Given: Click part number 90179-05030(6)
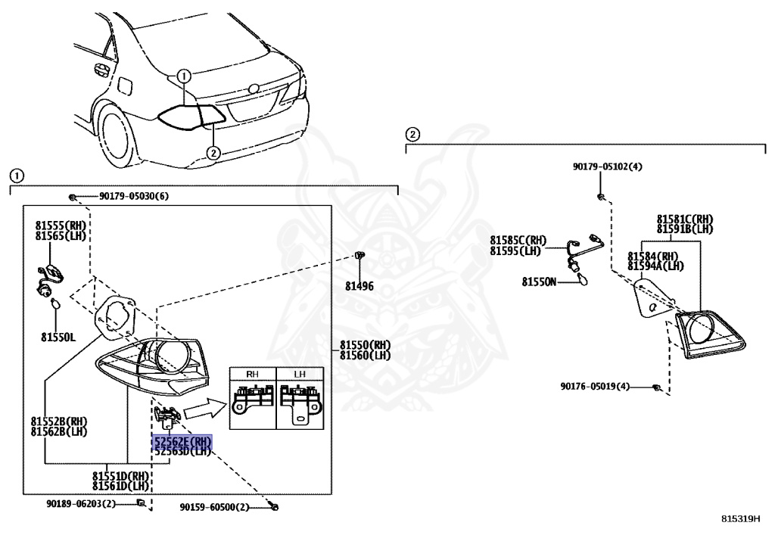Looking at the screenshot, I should coord(133,197).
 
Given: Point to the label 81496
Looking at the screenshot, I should coord(359,286).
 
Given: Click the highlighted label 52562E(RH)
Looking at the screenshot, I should coord(182,441).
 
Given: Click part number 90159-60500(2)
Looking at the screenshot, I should coord(214,507).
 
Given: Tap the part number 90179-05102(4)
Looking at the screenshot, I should coord(607,167).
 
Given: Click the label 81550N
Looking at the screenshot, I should coord(539,282).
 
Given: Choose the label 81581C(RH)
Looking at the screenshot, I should coord(684,219).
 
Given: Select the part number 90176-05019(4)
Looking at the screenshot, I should coord(595,387).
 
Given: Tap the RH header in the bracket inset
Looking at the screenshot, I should coord(253,373).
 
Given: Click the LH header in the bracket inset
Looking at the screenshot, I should coord(299,373).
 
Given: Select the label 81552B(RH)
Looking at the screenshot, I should coord(59,421).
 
